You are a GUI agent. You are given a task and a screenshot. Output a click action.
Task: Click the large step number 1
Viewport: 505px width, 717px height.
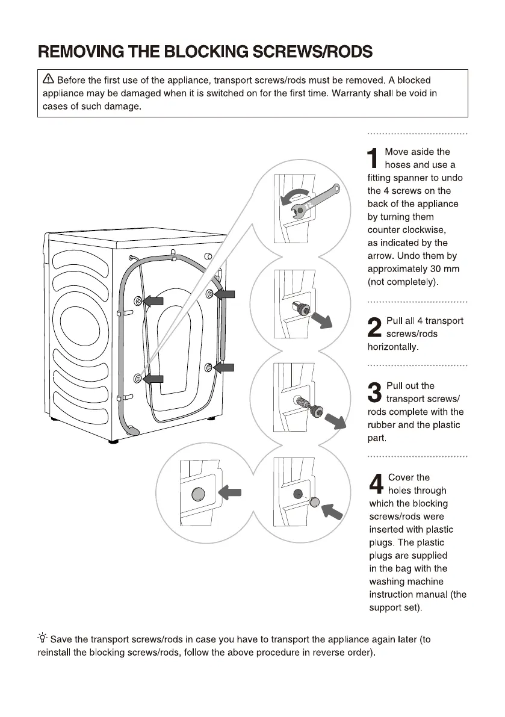coord(374,158)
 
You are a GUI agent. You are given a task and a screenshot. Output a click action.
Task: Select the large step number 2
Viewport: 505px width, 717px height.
coord(374,327)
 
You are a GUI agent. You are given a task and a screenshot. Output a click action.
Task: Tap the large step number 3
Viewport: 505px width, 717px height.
coord(374,393)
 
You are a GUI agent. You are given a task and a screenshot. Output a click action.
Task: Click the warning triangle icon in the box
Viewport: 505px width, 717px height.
coord(48,79)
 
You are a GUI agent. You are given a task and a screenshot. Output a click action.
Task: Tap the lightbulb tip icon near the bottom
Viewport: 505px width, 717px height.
coord(43,639)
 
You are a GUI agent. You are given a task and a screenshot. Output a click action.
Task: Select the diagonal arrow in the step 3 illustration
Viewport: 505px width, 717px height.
coord(336,421)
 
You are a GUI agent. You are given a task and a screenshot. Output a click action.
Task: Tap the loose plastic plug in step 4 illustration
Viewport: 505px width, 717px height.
coord(313,503)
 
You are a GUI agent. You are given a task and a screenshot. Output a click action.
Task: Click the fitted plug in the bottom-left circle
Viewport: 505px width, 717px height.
coord(197,495)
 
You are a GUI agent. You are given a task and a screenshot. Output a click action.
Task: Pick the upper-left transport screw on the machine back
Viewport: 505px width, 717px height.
coord(138,300)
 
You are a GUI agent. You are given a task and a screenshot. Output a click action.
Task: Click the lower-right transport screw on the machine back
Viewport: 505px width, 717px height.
coord(209,367)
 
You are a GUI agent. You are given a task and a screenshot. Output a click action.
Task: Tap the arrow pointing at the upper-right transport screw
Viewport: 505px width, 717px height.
coord(225,294)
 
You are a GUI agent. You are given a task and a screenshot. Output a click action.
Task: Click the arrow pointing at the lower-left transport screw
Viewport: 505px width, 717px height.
coord(153,378)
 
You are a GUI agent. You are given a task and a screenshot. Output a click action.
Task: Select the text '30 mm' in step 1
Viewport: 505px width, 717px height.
coord(442,269)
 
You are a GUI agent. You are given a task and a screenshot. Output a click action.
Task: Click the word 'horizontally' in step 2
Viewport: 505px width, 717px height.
coord(392,347)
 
